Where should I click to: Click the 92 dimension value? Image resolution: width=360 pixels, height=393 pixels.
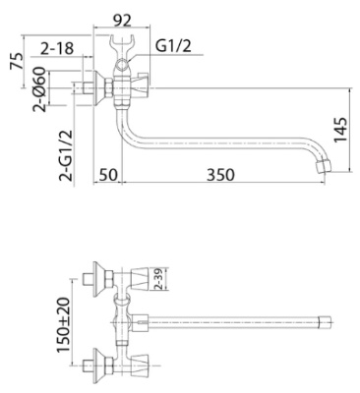coord(122,20)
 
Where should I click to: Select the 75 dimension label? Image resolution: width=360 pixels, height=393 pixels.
coord(17,61)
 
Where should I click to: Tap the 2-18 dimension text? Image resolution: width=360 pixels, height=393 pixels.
coord(57,48)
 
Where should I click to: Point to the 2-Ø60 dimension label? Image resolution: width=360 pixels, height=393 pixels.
coord(38,89)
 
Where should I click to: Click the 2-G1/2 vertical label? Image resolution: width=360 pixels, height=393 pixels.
coord(65,155)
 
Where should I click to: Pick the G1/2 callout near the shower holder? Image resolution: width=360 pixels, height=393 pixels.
coord(173,46)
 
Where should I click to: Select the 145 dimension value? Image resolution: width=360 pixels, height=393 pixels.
coord(340,130)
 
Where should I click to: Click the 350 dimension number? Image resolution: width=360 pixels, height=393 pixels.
coord(220,175)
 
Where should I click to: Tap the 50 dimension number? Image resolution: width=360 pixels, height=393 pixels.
coord(108,175)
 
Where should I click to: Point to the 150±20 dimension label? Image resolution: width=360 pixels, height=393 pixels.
coord(63,325)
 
